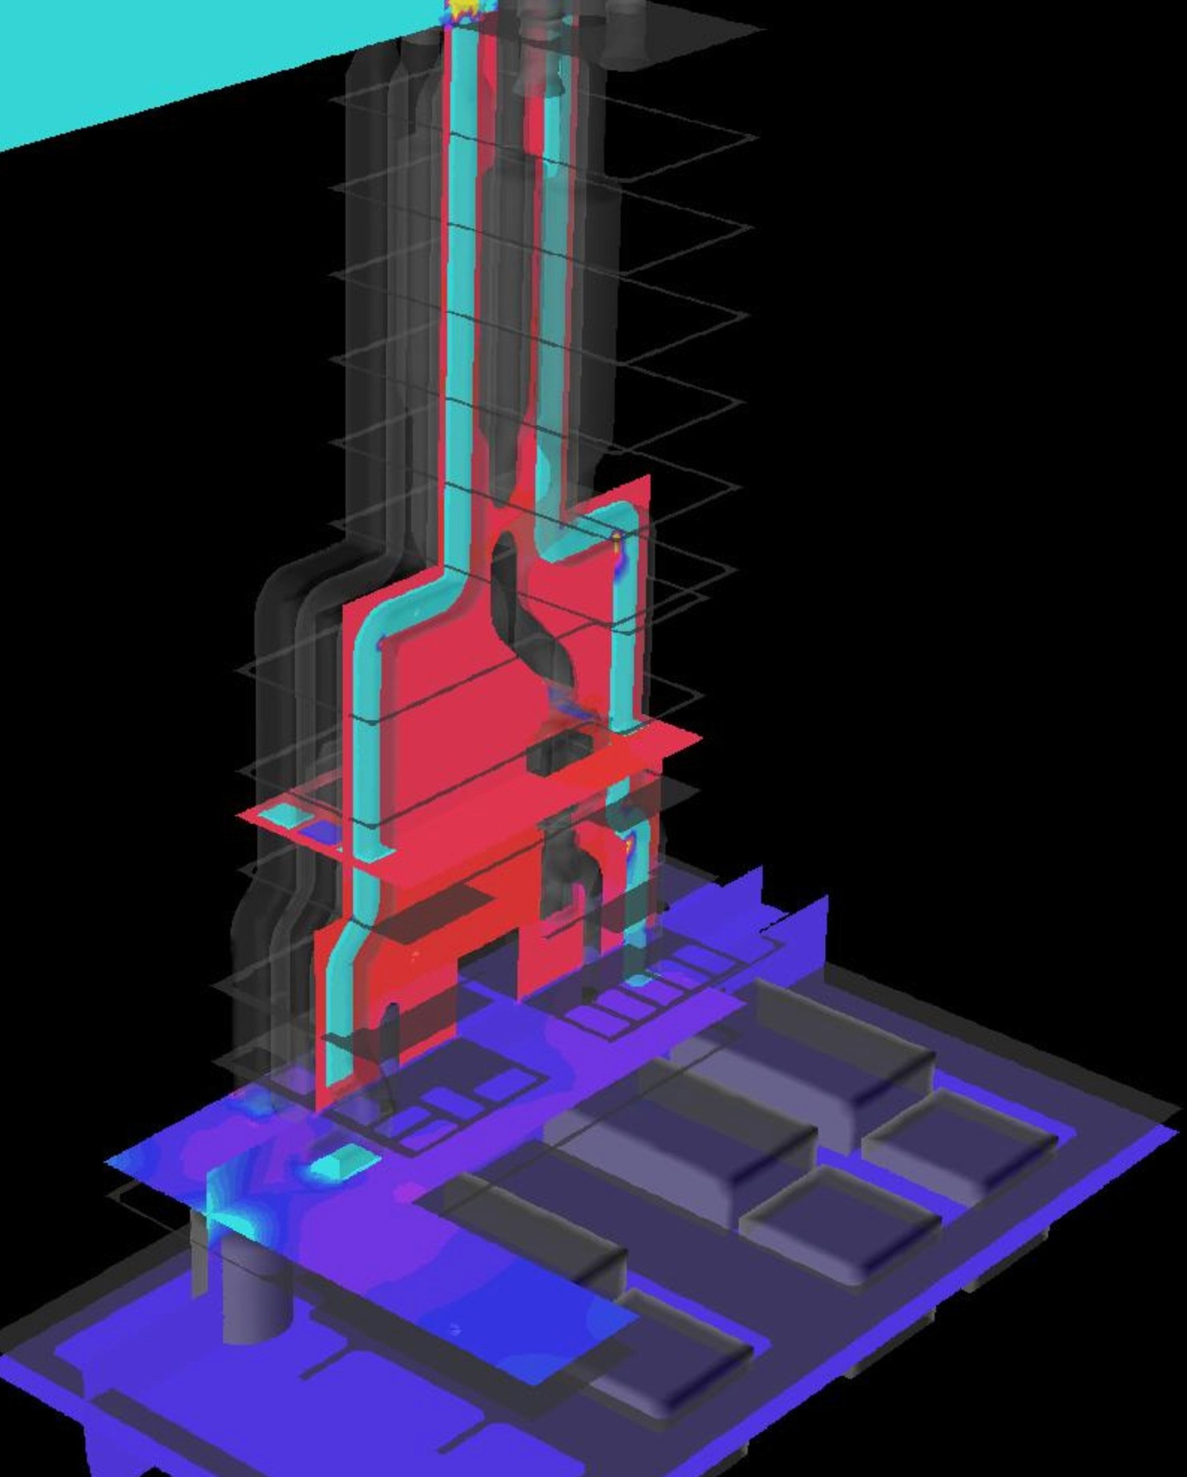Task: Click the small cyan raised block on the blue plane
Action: (343, 1162)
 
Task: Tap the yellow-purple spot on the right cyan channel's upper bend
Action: (616, 546)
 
